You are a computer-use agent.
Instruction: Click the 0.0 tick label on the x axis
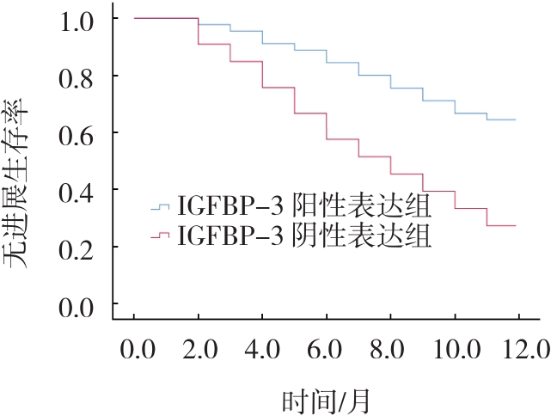click(135, 351)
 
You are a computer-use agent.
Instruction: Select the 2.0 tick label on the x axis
click(198, 351)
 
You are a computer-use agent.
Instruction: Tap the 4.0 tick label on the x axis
click(262, 351)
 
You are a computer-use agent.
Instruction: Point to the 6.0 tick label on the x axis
click(326, 351)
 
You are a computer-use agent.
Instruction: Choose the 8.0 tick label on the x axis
click(390, 351)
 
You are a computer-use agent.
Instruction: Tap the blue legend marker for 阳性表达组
click(161, 206)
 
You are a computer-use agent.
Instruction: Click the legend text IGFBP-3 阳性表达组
click(304, 207)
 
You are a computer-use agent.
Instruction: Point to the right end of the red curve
click(515, 225)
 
